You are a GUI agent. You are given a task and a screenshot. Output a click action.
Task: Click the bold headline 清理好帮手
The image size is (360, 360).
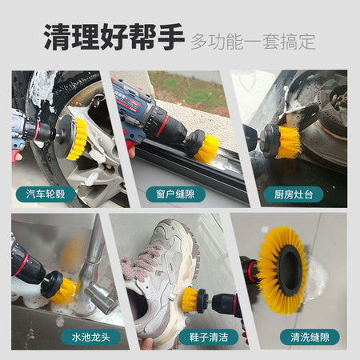tap(114, 37)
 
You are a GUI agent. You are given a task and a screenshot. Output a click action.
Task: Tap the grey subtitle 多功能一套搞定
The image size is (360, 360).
tap(253, 42)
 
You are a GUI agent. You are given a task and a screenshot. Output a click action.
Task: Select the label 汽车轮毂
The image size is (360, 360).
tap(46, 194)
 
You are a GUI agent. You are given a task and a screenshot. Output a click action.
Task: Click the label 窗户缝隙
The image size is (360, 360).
tap(175, 194)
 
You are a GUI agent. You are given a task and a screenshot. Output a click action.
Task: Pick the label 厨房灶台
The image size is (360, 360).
tap(294, 194)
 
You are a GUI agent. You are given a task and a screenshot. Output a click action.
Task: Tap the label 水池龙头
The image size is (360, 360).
tap(90, 337)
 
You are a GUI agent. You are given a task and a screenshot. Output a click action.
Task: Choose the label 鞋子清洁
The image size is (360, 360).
tap(209, 337)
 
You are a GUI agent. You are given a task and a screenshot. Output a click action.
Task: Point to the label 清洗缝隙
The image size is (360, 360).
tap(310, 337)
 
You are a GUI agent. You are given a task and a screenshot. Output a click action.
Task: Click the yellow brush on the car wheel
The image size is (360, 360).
tap(78, 139)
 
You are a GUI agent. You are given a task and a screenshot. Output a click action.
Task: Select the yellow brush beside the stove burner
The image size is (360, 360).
tap(288, 142)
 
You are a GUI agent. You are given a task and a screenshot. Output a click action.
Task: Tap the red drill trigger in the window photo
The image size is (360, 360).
tap(130, 146)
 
